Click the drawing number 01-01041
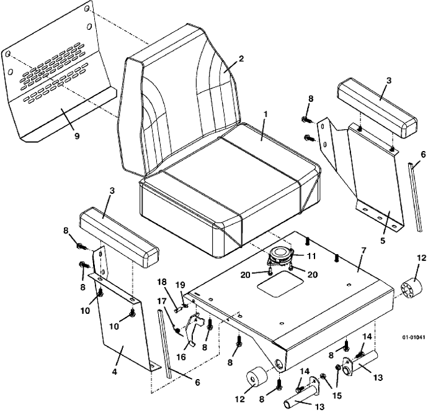pos(413,337)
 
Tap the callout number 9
pos(77,135)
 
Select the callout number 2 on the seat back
pos(241,58)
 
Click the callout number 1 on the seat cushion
pos(266,114)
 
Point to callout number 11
pos(311,256)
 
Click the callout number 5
pos(383,240)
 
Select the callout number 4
pos(115,372)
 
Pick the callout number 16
pos(181,357)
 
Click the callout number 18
pos(163,282)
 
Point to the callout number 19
pos(181,285)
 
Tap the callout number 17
pos(162,301)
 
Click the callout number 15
pos(337,395)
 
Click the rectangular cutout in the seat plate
pos(280,286)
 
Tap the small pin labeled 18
pos(178,310)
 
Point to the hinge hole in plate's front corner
pos(279,364)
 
